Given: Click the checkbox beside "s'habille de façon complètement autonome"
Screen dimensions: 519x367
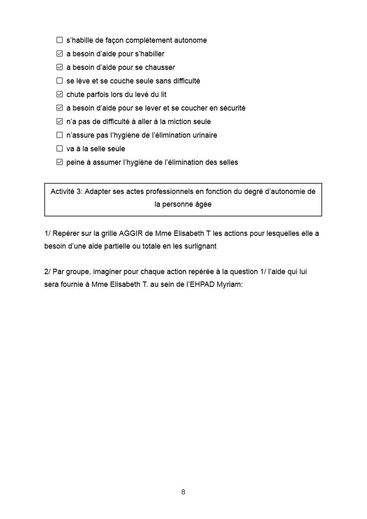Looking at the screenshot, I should click(x=60, y=40).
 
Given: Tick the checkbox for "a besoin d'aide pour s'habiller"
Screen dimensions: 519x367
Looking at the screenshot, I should click(x=60, y=54).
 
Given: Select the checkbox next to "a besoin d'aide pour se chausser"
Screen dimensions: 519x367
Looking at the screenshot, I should click(x=60, y=67).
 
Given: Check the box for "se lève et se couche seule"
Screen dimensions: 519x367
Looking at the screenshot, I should click(x=60, y=81).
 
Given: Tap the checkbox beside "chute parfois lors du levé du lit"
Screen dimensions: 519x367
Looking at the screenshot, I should click(x=60, y=95).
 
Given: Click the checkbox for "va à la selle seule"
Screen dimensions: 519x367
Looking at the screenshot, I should click(x=60, y=149).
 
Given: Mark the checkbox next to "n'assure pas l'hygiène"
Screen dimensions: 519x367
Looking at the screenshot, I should click(x=60, y=135).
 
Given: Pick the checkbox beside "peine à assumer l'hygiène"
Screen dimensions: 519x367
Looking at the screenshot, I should click(x=60, y=162).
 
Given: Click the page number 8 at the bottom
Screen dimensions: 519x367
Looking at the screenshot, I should click(x=183, y=492).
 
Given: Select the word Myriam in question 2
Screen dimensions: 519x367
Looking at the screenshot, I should click(x=229, y=284).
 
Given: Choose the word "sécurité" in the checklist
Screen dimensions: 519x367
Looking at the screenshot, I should click(x=232, y=108).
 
